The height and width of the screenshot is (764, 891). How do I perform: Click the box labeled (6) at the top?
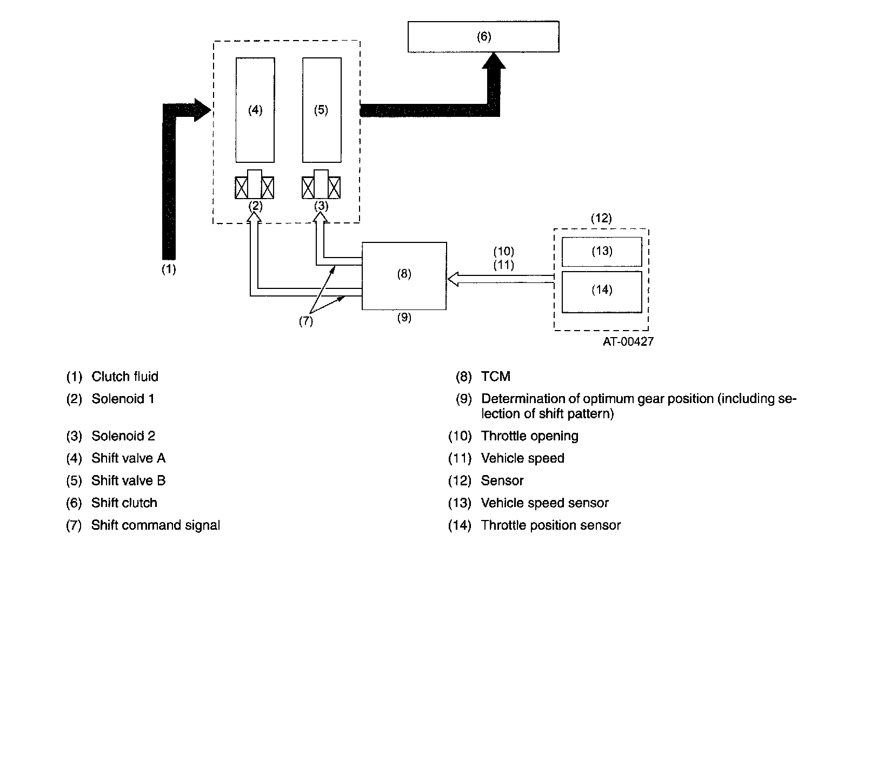coord(483,37)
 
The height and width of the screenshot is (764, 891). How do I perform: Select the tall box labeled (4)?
coord(255,110)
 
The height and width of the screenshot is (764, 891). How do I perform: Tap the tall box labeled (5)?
coord(321,110)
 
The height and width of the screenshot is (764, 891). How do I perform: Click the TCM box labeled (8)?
coord(404,275)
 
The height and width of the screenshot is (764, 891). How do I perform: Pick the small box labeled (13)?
coord(601,252)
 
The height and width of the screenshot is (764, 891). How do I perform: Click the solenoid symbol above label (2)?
coord(255,185)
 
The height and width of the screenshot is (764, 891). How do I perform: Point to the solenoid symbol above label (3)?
coord(321,185)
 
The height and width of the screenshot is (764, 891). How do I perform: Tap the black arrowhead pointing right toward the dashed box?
coord(202,110)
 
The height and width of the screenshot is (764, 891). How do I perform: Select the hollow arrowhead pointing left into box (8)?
coord(453,279)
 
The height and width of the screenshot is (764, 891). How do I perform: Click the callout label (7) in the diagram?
coord(306,321)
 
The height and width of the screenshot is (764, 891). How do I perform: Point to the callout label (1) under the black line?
coord(169,269)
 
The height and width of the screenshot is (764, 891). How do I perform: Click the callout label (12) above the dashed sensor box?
coord(601,219)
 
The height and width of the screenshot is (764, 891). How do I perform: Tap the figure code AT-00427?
coord(628,341)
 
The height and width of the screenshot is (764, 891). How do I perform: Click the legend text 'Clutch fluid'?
coord(124,377)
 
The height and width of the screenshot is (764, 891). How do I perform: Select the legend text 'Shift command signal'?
coord(155,525)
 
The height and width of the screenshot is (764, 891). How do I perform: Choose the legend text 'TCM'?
coord(495,377)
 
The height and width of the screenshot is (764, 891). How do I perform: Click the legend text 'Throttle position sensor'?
coord(550,525)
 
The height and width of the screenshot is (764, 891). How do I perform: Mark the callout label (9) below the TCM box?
coord(404,318)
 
